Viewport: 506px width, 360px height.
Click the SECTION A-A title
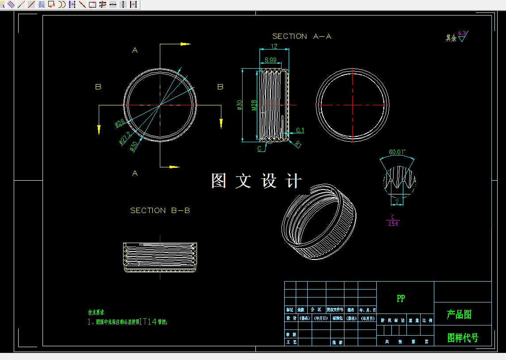(301, 36)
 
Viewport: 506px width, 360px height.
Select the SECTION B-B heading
(160, 210)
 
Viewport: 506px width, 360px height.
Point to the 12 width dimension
(274, 46)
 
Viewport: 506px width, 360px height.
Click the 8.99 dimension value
(270, 60)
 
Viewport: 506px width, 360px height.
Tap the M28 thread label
(254, 105)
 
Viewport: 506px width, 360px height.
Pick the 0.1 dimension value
(300, 130)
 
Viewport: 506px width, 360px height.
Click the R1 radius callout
(298, 144)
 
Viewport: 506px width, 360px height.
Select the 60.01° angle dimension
(397, 152)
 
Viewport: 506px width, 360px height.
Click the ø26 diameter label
(119, 123)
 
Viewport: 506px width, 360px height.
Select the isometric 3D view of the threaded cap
(319, 221)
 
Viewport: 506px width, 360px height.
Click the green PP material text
(401, 298)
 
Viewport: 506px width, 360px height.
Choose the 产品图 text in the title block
(459, 314)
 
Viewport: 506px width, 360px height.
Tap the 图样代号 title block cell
(463, 338)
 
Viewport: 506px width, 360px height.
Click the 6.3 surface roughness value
(462, 33)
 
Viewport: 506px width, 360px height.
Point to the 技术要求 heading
(96, 313)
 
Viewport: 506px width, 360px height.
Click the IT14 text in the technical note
(148, 322)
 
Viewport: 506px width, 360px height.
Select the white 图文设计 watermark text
(256, 181)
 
